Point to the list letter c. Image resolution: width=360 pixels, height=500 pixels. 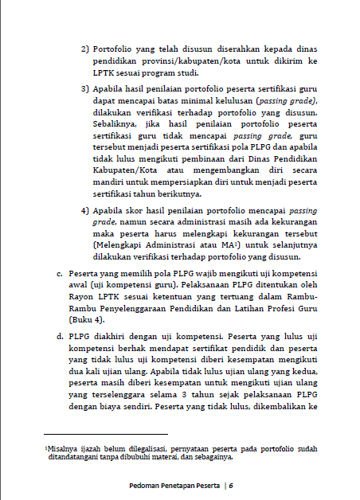point(60,273)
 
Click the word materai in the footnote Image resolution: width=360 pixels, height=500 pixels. point(165,458)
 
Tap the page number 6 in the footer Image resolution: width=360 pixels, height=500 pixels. point(230,486)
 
